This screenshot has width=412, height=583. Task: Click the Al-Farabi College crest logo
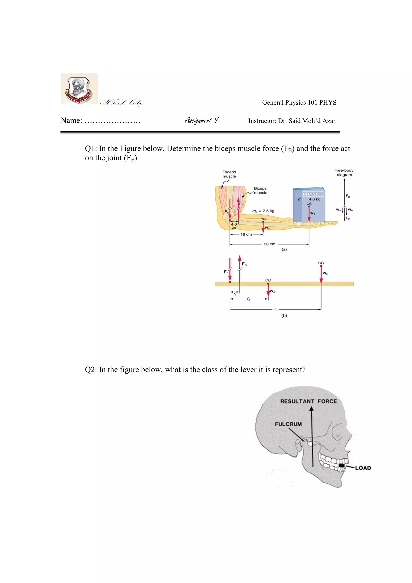tap(79, 89)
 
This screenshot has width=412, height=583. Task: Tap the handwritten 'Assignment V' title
tap(202, 120)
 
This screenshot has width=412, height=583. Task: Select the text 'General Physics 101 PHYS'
tap(299, 103)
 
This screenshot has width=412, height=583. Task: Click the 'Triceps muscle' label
tap(229, 174)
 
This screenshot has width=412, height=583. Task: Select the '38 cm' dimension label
tap(269, 244)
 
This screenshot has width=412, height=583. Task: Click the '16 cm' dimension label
tap(246, 234)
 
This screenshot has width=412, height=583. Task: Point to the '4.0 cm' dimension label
tap(234, 226)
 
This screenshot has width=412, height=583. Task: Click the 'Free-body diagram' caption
tap(344, 172)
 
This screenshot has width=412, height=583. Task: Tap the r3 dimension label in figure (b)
tap(276, 309)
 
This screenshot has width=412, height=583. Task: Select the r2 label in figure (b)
tap(248, 299)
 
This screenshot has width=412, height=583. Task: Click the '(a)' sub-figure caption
tap(284, 249)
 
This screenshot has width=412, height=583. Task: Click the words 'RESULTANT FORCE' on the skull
tap(308, 401)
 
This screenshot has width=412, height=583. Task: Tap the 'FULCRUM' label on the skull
tap(288, 424)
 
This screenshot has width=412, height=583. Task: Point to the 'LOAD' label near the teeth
tap(363, 468)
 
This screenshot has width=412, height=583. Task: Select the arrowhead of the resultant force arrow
tap(311, 409)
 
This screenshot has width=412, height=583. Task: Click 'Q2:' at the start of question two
tap(91, 370)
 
